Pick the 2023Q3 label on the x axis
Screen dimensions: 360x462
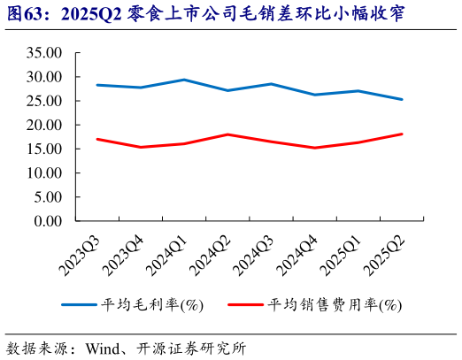[82, 250]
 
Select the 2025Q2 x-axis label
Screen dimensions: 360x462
[386, 250]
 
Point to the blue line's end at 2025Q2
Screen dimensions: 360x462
[403, 99]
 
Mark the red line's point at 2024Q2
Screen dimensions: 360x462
[227, 134]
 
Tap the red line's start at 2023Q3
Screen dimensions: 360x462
[96, 139]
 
